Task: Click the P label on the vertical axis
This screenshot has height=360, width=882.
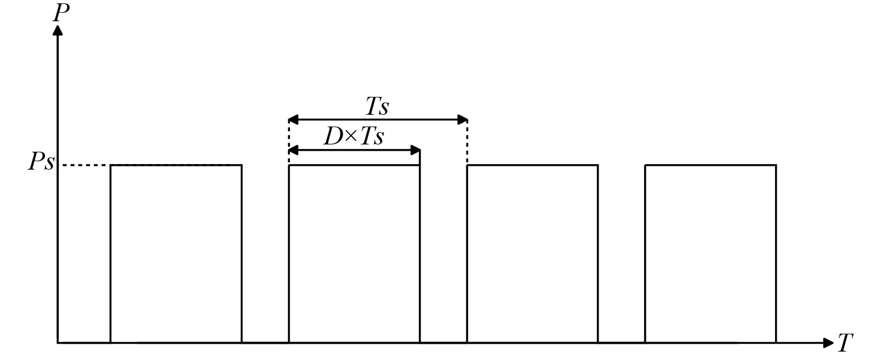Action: coord(60,12)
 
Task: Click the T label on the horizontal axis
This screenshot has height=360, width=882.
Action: coord(845,343)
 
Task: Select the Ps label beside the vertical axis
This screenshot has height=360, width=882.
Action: coord(41,162)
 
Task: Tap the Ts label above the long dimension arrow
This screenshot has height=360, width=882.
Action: coord(377,106)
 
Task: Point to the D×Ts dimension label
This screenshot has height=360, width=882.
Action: coord(353,136)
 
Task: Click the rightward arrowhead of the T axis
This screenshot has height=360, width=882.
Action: coord(828,343)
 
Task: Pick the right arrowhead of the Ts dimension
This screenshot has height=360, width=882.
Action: coord(463,119)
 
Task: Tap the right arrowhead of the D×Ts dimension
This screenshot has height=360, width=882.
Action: coord(416,150)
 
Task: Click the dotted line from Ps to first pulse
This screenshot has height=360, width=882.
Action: coord(84,165)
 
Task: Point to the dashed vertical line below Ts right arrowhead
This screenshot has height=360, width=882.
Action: coord(467,143)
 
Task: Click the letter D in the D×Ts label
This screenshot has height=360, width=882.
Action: coord(333,137)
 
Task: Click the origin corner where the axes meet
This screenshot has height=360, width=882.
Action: coord(58,342)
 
